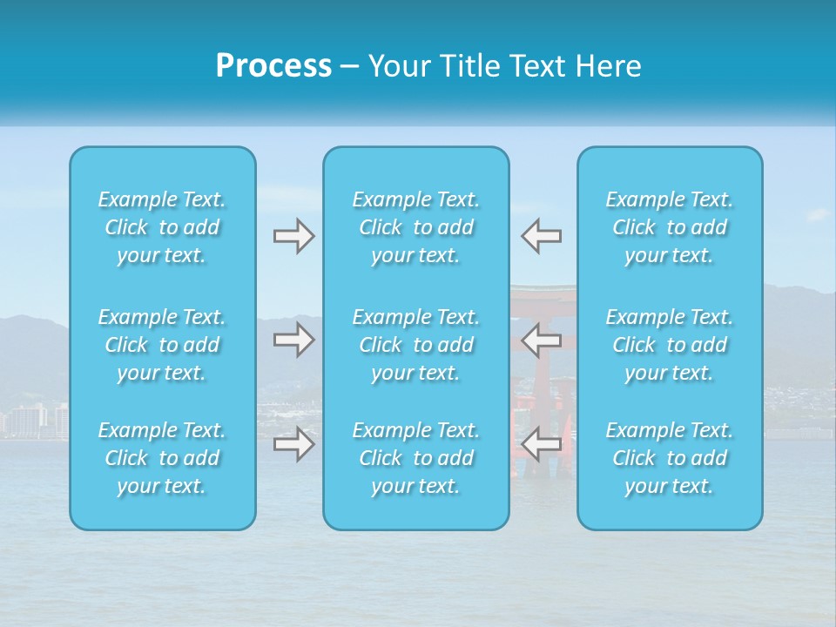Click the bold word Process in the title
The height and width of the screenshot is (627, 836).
[273, 66]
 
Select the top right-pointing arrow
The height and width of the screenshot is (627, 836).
[293, 236]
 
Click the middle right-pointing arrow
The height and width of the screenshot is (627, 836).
[293, 339]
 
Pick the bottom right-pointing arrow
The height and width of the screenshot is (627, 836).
[293, 445]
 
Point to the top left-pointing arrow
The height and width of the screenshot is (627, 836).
[541, 236]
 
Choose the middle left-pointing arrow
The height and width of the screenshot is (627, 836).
[541, 339]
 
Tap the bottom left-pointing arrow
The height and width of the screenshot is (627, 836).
[541, 445]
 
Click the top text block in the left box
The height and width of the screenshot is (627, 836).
[162, 227]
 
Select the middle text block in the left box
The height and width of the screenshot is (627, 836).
[162, 345]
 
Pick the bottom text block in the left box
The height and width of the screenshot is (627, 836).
[162, 458]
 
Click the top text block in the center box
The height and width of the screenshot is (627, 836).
[416, 227]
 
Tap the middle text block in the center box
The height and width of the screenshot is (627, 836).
[416, 345]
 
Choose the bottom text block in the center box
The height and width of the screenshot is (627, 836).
[416, 458]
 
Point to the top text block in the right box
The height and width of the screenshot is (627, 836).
[670, 227]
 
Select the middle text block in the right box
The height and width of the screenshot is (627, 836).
[670, 345]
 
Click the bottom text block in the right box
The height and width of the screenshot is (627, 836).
[670, 458]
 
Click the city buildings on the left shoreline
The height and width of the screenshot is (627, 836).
[35, 421]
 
